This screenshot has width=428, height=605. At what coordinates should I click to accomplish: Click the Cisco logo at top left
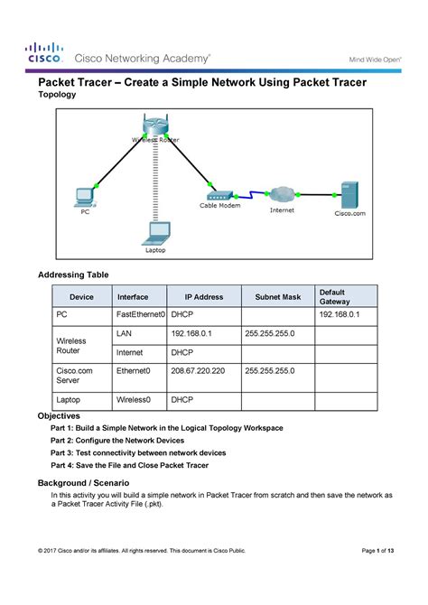pos(43,52)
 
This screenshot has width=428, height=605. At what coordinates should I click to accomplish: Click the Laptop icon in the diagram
pos(156,232)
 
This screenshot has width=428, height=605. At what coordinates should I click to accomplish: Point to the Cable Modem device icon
pos(220,195)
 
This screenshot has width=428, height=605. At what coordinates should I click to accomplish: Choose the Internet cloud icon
pos(282,194)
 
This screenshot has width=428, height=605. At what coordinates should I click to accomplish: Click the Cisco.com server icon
pos(349,194)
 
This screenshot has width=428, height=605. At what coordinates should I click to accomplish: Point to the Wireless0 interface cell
pos(133,398)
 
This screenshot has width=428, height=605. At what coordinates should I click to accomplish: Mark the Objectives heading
pos(57,414)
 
